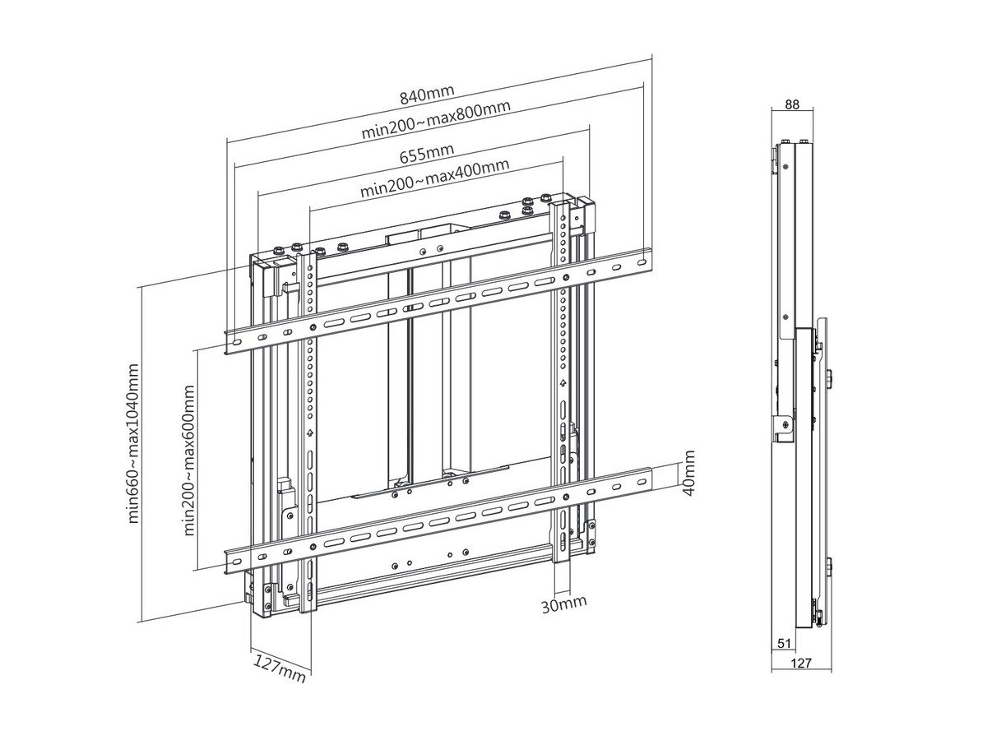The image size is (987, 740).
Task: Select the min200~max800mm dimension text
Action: click(436, 120)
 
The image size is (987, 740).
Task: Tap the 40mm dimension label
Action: click(689, 473)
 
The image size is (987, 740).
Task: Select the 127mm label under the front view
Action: click(279, 668)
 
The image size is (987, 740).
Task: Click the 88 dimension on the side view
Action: click(793, 104)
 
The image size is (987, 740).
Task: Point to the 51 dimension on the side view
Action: click(783, 643)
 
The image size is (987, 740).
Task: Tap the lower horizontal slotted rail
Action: click(436, 520)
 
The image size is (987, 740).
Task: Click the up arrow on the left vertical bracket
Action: click(309, 432)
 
